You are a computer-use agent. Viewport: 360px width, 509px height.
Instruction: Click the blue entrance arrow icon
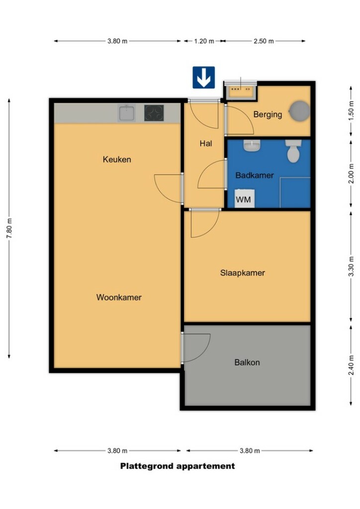[x=203, y=78]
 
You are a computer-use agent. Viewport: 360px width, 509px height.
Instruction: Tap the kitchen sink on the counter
[x=127, y=113]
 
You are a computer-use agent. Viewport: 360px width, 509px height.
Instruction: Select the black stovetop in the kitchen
[x=154, y=113]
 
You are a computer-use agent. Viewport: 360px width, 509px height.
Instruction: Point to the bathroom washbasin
[x=252, y=146]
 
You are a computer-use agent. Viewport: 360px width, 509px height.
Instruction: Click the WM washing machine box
[x=244, y=198]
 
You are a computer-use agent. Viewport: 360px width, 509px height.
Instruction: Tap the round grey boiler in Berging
[x=299, y=111]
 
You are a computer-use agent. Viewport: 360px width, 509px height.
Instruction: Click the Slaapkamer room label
[x=243, y=273]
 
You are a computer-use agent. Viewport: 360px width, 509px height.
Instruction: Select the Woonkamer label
[x=119, y=297]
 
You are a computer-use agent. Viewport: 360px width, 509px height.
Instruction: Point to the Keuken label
[x=117, y=160]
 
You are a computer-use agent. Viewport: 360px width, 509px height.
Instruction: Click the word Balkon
[x=247, y=362]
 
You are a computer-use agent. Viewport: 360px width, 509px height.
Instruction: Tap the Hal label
[x=206, y=143]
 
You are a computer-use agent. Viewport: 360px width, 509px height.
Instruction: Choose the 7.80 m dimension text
[x=9, y=228]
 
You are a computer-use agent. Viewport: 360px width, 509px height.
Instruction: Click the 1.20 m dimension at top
[x=204, y=41]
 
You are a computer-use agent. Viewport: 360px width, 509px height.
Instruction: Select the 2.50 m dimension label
[x=264, y=41]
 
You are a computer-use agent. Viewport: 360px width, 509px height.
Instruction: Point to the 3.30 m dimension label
[x=351, y=266]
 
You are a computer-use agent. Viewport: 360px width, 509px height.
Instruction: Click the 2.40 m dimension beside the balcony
[x=351, y=365]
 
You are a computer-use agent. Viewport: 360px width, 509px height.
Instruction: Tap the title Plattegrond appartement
[x=178, y=466]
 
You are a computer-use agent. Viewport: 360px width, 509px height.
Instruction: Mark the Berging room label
[x=268, y=114]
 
